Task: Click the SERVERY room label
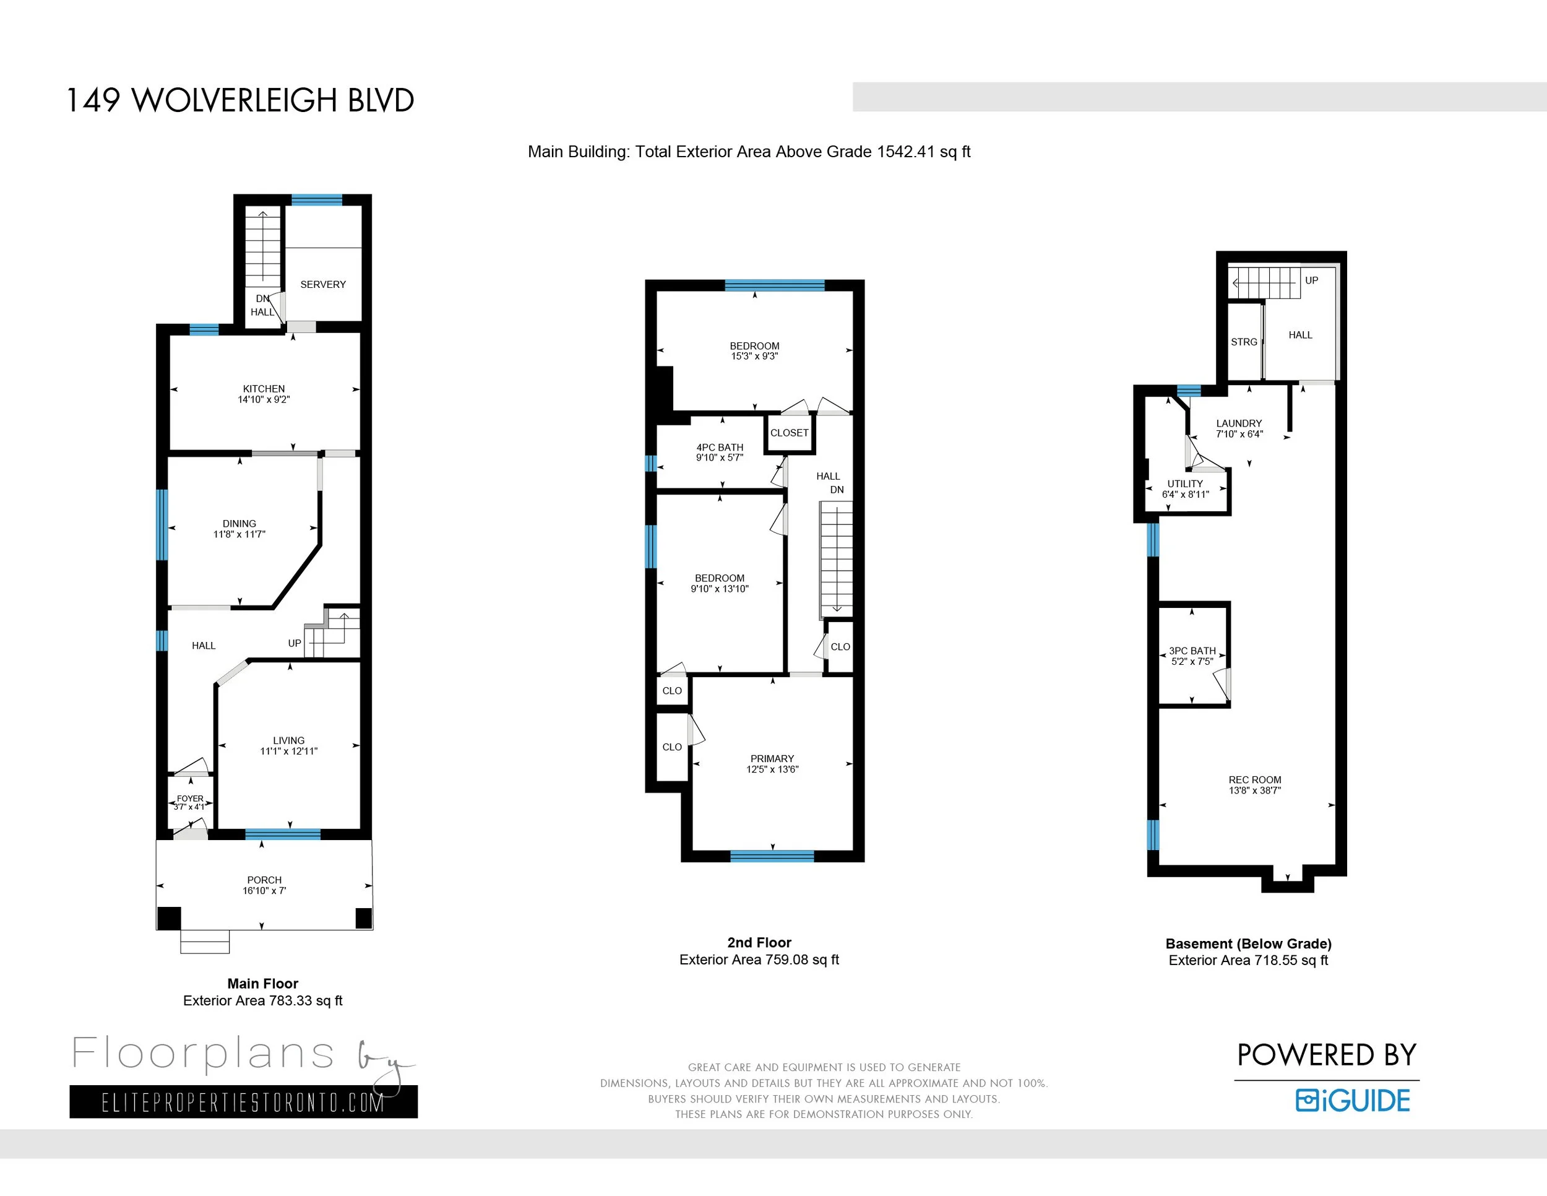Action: coord(323,284)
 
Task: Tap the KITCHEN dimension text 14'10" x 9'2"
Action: coord(264,400)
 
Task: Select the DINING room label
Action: coord(239,524)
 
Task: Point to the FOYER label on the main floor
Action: coord(190,799)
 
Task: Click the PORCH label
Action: coord(264,880)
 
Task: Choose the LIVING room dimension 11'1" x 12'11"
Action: coord(289,751)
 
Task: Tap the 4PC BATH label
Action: coord(720,447)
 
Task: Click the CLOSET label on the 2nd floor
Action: coord(789,433)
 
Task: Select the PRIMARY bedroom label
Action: coord(772,758)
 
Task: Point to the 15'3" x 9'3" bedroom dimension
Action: coord(754,357)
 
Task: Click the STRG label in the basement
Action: coord(1244,342)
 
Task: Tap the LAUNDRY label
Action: coord(1239,423)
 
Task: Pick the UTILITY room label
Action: coord(1185,484)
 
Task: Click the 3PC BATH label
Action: coord(1192,651)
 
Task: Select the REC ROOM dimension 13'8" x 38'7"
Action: coord(1255,790)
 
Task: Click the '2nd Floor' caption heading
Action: coord(759,942)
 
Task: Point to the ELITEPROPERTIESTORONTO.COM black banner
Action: coord(244,1102)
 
